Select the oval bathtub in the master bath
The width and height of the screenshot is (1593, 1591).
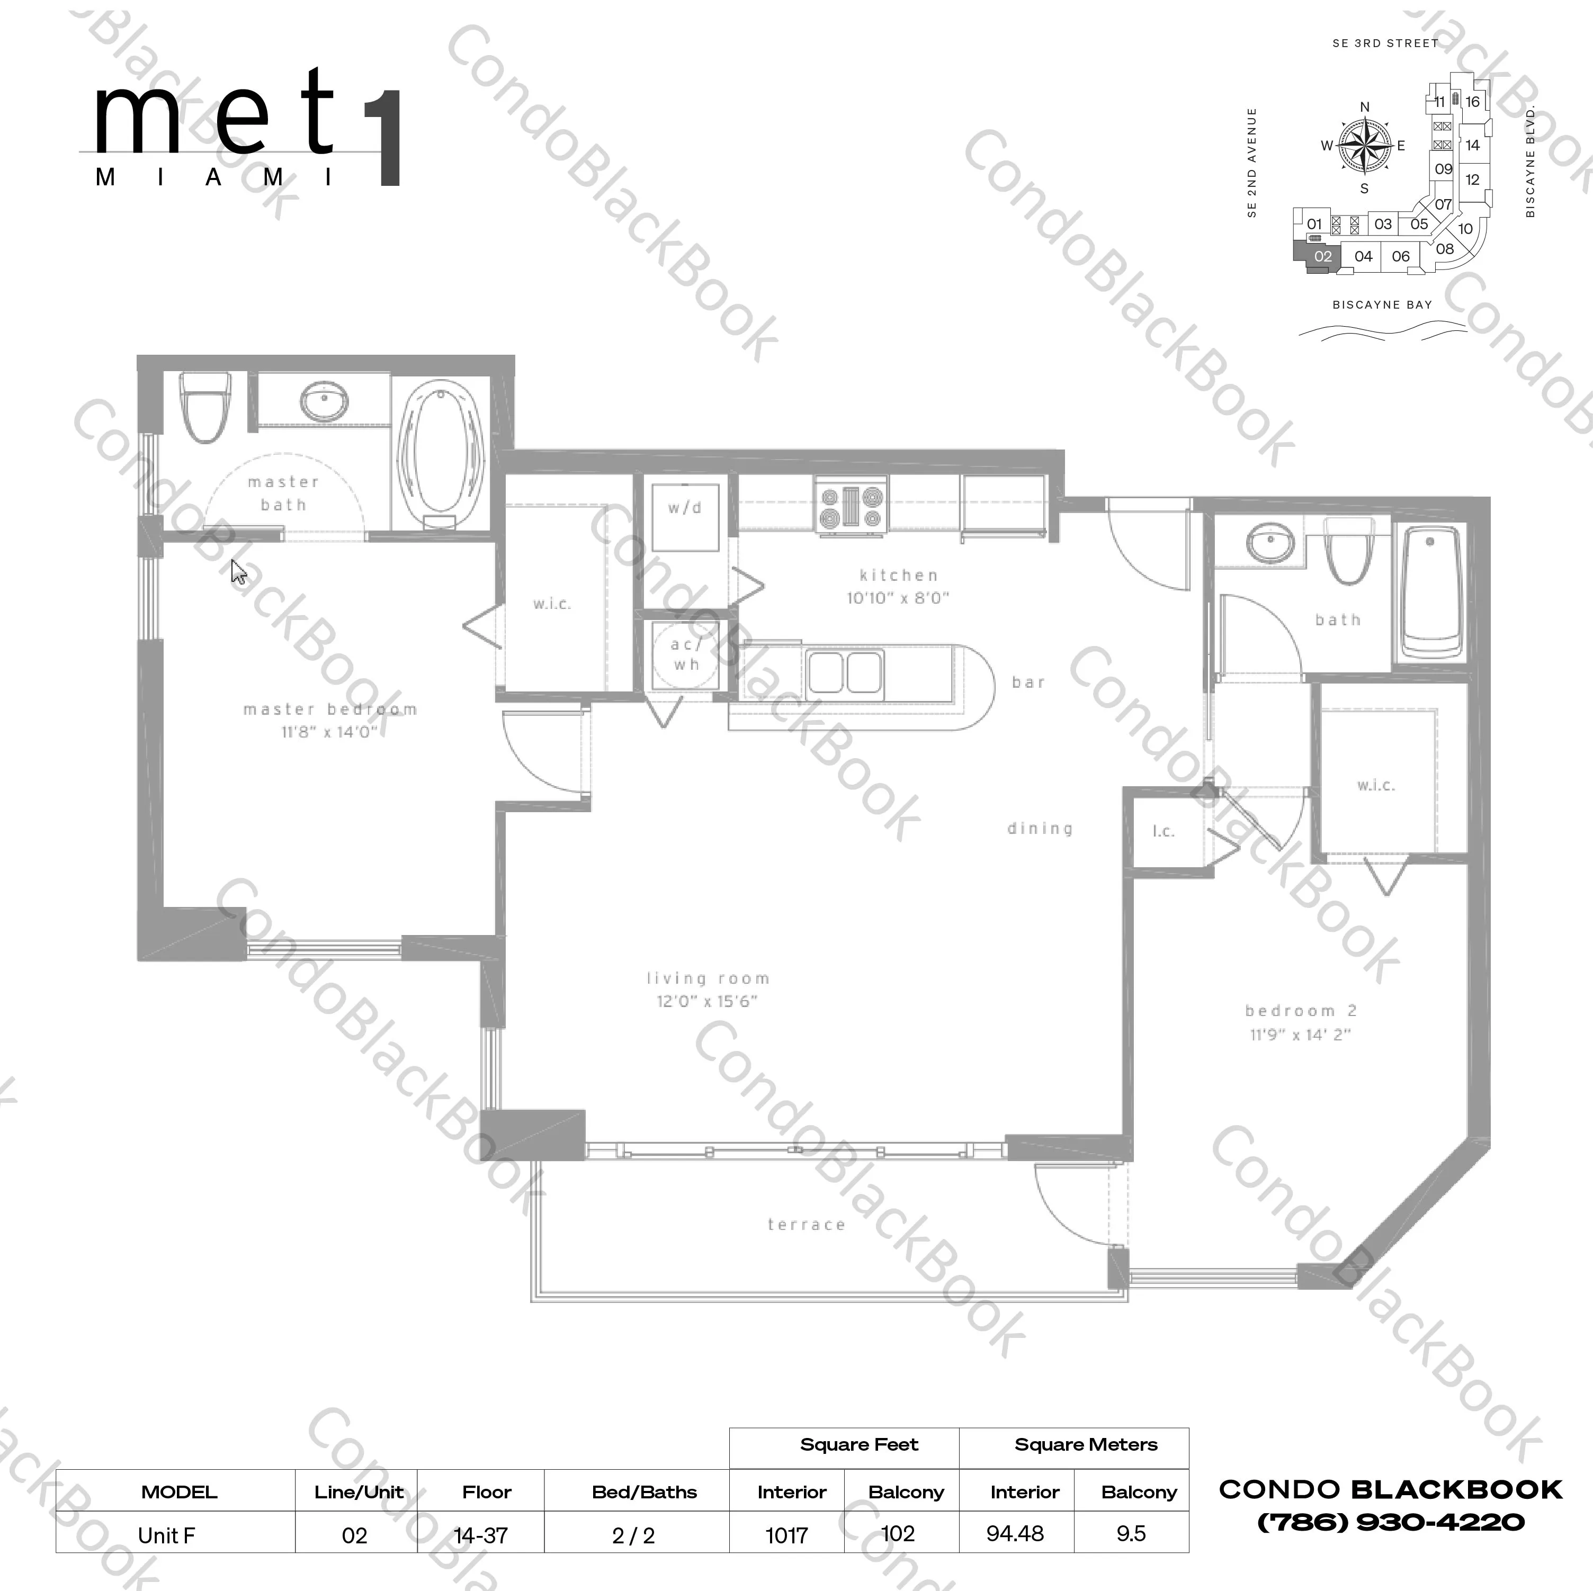click(x=440, y=450)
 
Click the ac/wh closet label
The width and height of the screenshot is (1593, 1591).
click(x=685, y=654)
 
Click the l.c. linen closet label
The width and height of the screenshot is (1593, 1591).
click(x=1164, y=831)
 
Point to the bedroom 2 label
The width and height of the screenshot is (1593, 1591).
click(x=1300, y=1011)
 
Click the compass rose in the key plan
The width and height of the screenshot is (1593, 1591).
click(x=1365, y=147)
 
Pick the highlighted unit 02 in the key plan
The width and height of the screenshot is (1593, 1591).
click(x=1322, y=256)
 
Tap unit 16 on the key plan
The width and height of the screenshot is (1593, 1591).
click(x=1473, y=102)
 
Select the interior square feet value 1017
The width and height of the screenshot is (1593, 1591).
click(x=786, y=1535)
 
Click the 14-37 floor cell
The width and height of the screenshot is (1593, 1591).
click(x=481, y=1535)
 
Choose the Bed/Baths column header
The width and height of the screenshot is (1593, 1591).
click(x=644, y=1492)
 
